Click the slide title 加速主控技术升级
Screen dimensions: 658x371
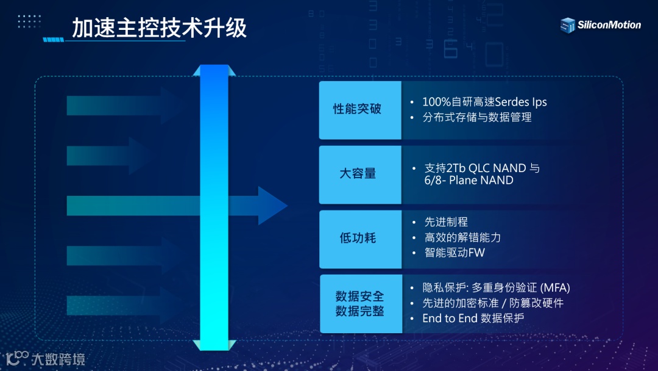point(160,28)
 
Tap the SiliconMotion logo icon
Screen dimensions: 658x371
point(568,25)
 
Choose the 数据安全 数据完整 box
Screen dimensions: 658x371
point(360,303)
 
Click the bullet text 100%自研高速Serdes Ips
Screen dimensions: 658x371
point(484,101)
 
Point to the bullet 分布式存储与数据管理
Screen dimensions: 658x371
point(477,117)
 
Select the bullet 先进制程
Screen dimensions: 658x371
point(446,222)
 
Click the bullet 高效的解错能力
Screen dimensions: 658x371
point(462,237)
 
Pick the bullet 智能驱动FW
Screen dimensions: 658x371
point(455,253)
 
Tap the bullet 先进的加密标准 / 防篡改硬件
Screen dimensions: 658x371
point(493,303)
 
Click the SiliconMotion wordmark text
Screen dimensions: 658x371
point(609,25)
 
